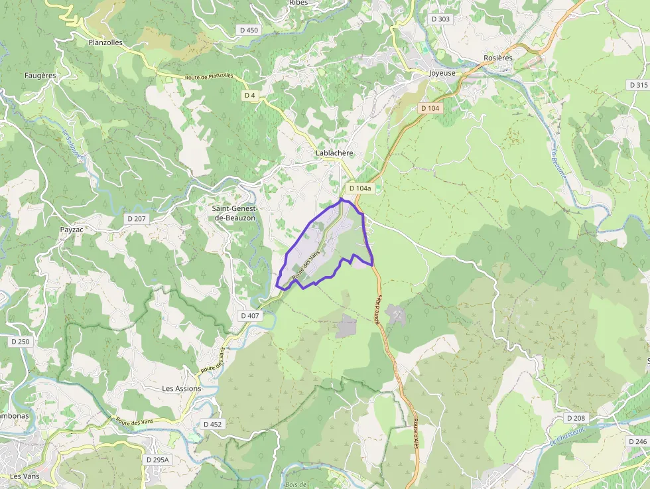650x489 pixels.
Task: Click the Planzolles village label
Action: coord(105,42)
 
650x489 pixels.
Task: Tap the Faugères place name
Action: coord(40,76)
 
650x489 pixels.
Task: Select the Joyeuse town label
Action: coord(442,73)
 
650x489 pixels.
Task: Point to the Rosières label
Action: coord(498,58)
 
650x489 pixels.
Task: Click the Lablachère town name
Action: coord(334,153)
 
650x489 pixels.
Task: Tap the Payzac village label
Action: coord(72,230)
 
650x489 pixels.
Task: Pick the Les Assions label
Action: coord(181,389)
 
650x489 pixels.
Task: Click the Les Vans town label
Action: coord(25,476)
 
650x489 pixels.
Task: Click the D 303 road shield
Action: coord(440,19)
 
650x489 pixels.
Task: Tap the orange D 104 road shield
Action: coord(430,108)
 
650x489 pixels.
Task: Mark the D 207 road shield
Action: coord(137,218)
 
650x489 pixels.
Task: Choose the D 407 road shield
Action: coord(249,316)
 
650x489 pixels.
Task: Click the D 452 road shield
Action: coord(213,424)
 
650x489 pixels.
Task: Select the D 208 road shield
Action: coord(576,418)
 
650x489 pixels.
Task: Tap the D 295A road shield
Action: coord(158,459)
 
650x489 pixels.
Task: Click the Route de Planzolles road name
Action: coord(210,76)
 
